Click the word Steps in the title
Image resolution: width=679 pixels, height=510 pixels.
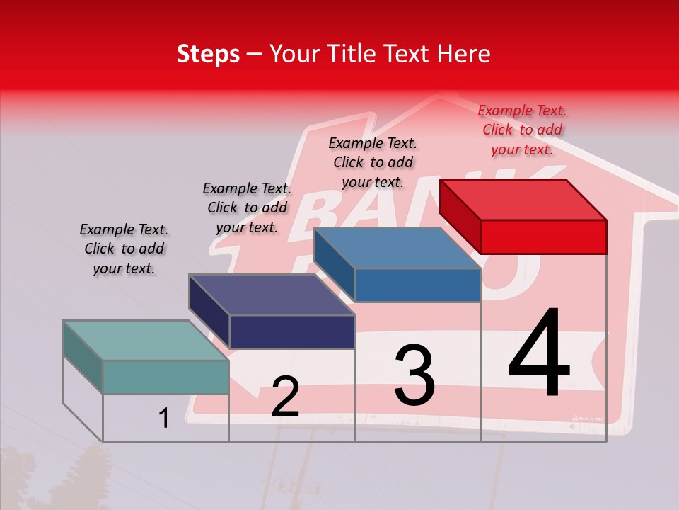(x=208, y=54)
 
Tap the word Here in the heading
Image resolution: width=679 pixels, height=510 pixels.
(x=463, y=54)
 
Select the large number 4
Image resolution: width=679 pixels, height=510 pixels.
(x=539, y=354)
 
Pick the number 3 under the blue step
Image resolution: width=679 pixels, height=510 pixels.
(x=414, y=375)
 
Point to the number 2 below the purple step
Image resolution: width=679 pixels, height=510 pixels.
(x=285, y=397)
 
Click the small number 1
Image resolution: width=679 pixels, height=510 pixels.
(x=164, y=419)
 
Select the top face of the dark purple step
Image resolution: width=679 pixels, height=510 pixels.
(x=272, y=295)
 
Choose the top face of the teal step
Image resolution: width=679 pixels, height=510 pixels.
(x=146, y=341)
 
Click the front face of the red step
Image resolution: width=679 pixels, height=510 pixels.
(x=543, y=237)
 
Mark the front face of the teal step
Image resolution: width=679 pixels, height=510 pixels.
(x=166, y=377)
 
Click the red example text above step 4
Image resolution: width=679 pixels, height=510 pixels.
(x=522, y=130)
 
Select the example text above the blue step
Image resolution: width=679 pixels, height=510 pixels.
(x=373, y=162)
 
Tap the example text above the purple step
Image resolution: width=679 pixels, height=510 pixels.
(x=247, y=208)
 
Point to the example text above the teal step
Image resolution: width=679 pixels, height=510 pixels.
(x=124, y=249)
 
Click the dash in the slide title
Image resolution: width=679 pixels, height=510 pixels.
(x=254, y=54)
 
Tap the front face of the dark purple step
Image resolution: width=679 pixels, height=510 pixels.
(x=292, y=331)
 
